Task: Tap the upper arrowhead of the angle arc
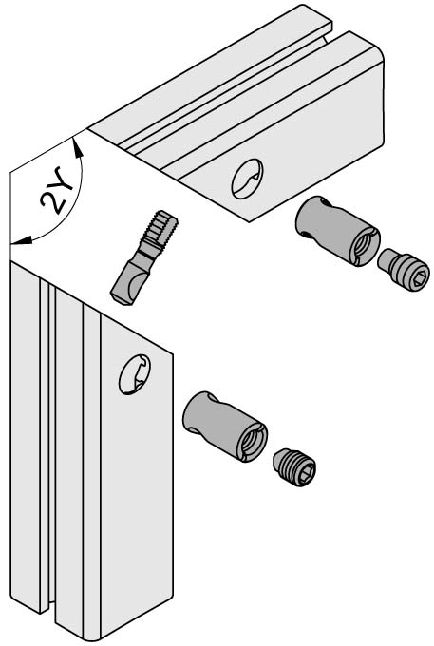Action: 77,147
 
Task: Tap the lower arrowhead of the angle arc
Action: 21,241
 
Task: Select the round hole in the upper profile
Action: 247,179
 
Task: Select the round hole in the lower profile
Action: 135,374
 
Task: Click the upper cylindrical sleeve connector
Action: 337,231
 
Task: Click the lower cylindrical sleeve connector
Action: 225,427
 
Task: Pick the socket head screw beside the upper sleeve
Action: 403,270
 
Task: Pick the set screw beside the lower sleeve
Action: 294,467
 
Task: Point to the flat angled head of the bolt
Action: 128,284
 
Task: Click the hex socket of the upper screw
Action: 417,278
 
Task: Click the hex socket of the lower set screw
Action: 305,474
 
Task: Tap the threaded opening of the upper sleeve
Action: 364,245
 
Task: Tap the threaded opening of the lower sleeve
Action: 251,441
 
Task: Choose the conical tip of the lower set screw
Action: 278,460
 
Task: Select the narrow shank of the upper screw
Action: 387,259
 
